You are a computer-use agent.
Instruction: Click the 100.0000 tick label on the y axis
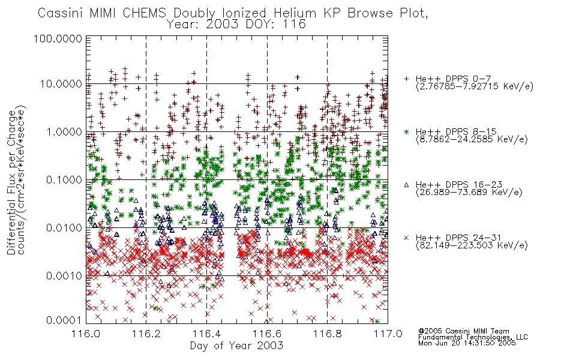click(58, 38)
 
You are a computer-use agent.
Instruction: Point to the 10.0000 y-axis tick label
click(61, 84)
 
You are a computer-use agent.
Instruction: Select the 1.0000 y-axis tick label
click(64, 131)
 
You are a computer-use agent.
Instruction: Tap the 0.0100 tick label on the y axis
click(64, 228)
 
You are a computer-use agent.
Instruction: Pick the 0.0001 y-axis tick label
click(64, 320)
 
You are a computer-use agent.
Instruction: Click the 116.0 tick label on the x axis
click(86, 334)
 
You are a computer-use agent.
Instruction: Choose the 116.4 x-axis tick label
click(206, 334)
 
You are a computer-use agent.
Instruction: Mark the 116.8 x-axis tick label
click(327, 334)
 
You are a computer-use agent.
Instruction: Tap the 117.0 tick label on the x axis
click(388, 334)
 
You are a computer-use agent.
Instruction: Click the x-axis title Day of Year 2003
click(236, 346)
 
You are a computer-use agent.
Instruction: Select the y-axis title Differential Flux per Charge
click(12, 182)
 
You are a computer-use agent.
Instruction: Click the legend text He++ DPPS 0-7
click(454, 79)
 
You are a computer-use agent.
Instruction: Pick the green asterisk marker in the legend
click(406, 132)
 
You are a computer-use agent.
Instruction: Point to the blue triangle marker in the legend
click(406, 185)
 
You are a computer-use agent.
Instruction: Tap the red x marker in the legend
click(406, 238)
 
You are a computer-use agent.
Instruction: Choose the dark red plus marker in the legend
click(406, 79)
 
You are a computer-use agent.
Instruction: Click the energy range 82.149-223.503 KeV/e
click(472, 245)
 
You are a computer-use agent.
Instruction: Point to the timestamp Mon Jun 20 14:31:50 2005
click(467, 343)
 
